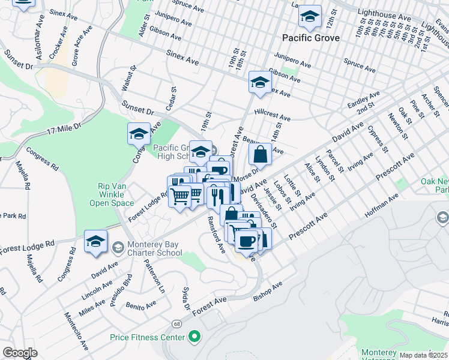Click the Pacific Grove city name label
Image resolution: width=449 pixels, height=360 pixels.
311,38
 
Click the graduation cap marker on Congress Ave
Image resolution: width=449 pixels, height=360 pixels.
139,133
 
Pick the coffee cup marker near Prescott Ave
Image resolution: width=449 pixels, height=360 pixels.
246,241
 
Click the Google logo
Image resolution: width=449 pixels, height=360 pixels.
20,352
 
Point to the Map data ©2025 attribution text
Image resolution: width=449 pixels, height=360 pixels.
423,355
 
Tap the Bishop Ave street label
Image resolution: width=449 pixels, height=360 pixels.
268,289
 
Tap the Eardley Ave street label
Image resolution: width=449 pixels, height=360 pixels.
364,100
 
